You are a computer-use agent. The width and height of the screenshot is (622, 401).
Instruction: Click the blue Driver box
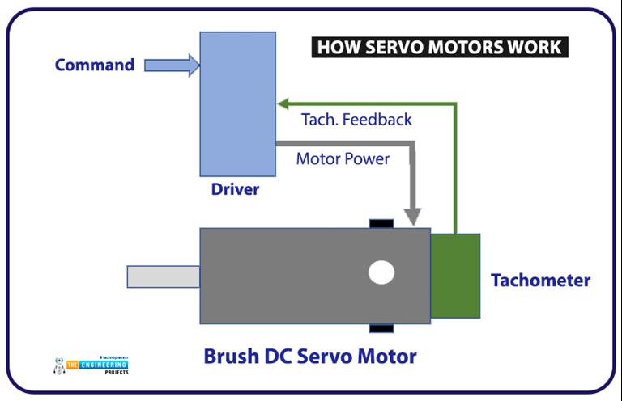pyautogui.click(x=237, y=103)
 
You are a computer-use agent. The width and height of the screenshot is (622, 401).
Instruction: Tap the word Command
pyautogui.click(x=95, y=65)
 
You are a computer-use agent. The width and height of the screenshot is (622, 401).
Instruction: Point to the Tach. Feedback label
pyautogui.click(x=356, y=120)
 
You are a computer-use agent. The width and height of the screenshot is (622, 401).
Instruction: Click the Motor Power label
pyautogui.click(x=342, y=158)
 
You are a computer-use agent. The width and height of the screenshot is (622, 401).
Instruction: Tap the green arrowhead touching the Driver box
pyautogui.click(x=283, y=103)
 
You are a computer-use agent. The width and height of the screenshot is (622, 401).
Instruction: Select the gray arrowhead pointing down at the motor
pyautogui.click(x=413, y=216)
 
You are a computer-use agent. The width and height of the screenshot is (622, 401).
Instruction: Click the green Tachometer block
pyautogui.click(x=455, y=276)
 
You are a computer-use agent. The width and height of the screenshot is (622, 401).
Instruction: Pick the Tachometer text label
pyautogui.click(x=540, y=281)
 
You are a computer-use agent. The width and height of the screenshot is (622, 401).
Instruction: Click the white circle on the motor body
pyautogui.click(x=381, y=272)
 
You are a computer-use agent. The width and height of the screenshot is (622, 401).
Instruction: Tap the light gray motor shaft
pyautogui.click(x=163, y=276)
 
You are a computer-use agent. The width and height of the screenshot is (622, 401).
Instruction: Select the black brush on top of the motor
pyautogui.click(x=381, y=223)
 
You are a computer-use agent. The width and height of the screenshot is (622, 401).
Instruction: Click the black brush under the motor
pyautogui.click(x=381, y=328)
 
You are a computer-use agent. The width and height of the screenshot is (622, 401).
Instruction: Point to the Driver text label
pyautogui.click(x=235, y=190)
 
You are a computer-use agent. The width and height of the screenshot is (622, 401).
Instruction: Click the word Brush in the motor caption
pyautogui.click(x=231, y=357)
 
